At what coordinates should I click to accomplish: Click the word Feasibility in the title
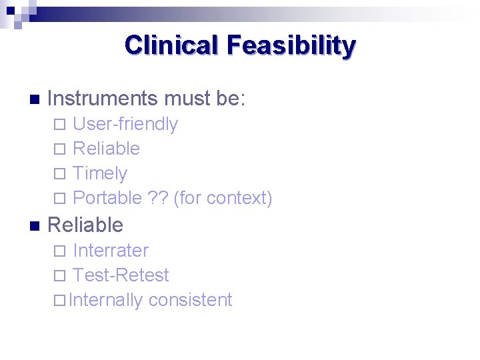tap(291, 45)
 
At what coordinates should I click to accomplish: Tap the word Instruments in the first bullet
tap(102, 99)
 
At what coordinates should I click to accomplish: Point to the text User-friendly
tap(125, 124)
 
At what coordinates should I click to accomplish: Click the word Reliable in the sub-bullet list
tap(106, 149)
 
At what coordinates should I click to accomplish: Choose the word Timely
tap(100, 173)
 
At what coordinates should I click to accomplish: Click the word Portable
tap(107, 198)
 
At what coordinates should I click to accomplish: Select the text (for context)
tap(223, 198)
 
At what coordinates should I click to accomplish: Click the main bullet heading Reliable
tap(85, 225)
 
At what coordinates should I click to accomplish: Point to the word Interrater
tap(111, 251)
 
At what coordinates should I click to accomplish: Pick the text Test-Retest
tap(121, 275)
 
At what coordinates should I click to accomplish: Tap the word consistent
tap(190, 300)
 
